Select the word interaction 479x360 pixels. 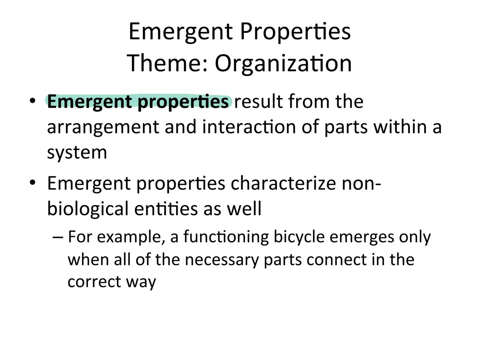click(x=249, y=127)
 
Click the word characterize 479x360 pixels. click(x=283, y=184)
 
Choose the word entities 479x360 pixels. click(x=166, y=208)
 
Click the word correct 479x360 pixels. click(x=94, y=282)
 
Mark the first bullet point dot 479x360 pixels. click(x=32, y=101)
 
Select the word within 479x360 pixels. click(x=400, y=127)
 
